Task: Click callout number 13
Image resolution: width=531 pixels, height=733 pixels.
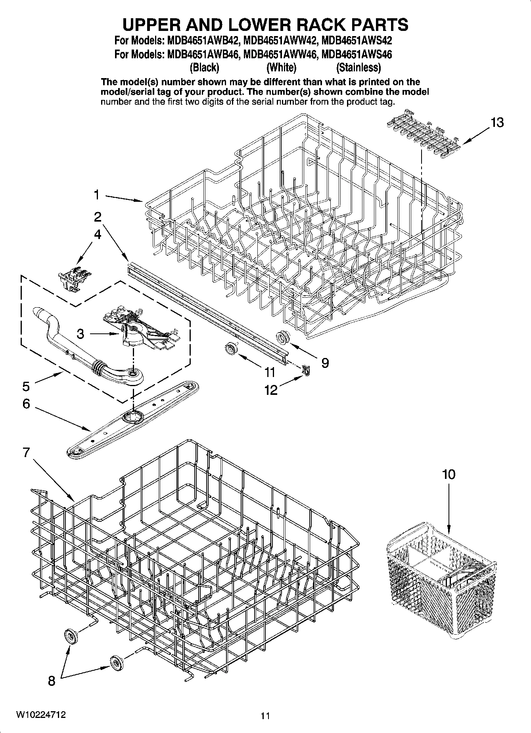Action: click(497, 123)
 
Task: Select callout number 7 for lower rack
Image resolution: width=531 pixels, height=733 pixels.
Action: click(26, 452)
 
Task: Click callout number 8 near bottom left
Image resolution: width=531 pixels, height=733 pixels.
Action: click(52, 681)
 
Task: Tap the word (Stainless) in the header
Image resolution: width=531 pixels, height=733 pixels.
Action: click(358, 68)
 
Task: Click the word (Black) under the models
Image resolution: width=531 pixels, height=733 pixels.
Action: click(204, 68)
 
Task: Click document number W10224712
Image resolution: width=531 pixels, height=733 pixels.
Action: click(40, 715)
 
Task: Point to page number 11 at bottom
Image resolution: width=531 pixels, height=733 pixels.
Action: click(265, 716)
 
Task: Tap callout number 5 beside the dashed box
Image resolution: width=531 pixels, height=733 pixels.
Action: click(26, 386)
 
